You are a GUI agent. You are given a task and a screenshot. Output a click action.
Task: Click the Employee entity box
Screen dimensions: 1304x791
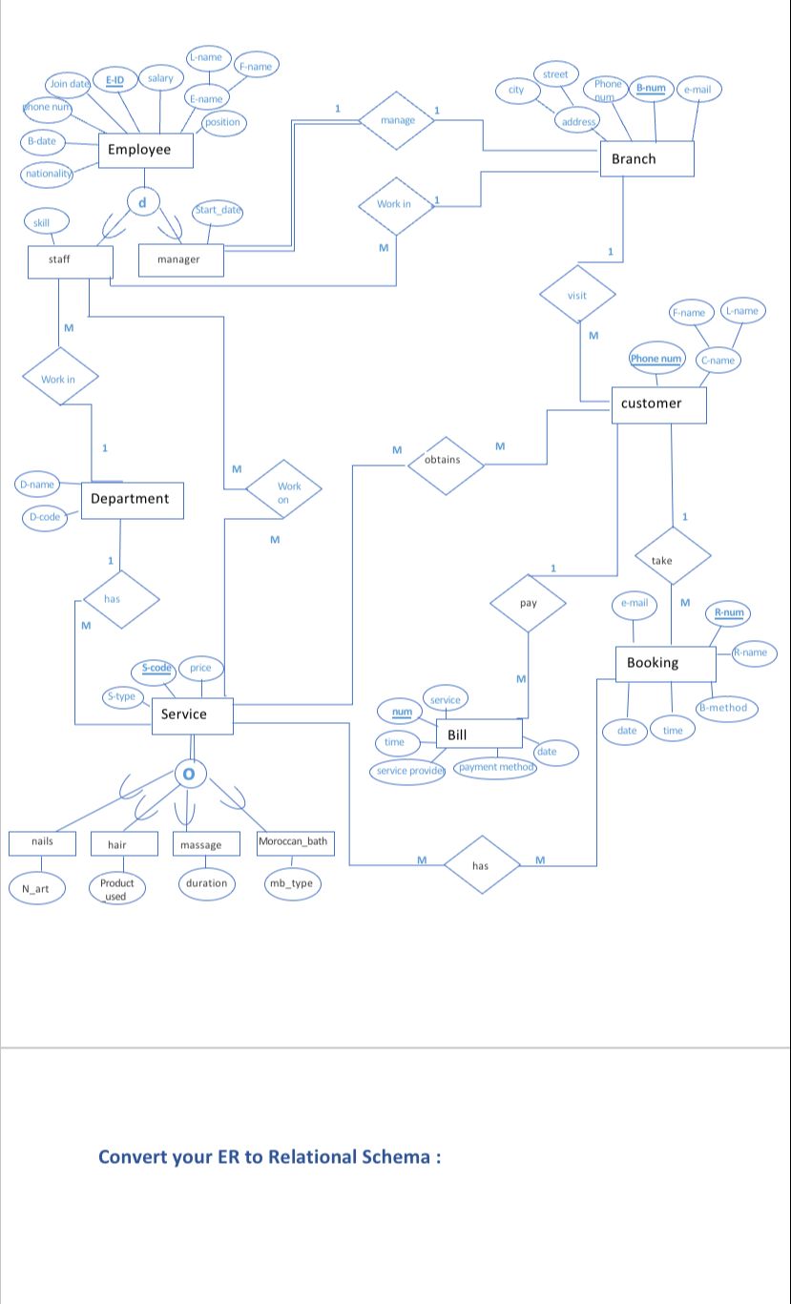click(x=146, y=150)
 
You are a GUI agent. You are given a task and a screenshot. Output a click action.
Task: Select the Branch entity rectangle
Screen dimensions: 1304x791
click(x=645, y=159)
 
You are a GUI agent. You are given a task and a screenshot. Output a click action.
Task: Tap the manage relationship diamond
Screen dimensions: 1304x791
click(x=397, y=120)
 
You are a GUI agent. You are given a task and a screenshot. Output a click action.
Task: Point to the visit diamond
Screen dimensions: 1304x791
click(x=576, y=296)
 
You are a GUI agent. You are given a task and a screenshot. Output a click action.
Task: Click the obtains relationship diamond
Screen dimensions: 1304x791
click(x=443, y=461)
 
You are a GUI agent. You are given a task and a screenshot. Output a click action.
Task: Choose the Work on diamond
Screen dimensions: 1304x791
click(x=283, y=491)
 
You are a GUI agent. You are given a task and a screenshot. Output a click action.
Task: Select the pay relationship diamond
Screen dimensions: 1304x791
click(x=528, y=604)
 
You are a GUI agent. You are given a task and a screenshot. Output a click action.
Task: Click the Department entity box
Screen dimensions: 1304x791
click(x=132, y=499)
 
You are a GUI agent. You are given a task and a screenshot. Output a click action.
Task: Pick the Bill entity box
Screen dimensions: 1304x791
click(x=479, y=735)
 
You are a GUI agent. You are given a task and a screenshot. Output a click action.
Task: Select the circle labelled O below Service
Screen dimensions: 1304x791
click(x=189, y=774)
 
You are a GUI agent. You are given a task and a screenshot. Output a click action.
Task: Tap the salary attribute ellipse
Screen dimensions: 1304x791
click(x=160, y=78)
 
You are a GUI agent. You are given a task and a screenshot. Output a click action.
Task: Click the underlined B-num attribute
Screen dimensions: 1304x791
click(x=651, y=89)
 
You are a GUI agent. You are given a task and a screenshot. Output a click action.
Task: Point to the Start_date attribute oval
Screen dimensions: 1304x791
click(x=219, y=210)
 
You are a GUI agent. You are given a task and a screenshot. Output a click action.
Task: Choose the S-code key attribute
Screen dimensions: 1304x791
click(x=156, y=669)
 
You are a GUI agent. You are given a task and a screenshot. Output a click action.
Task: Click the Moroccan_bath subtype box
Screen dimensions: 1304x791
click(x=296, y=842)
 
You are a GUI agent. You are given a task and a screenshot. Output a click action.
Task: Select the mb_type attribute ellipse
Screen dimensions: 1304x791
click(x=291, y=883)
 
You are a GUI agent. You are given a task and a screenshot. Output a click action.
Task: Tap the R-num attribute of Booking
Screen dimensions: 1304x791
click(x=729, y=612)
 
